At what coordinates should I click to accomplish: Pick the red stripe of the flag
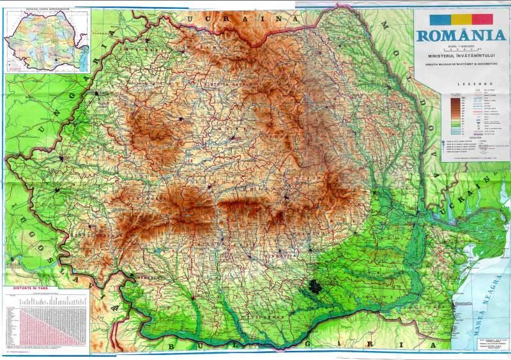(x=484, y=19)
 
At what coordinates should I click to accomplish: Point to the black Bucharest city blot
(x=314, y=285)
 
